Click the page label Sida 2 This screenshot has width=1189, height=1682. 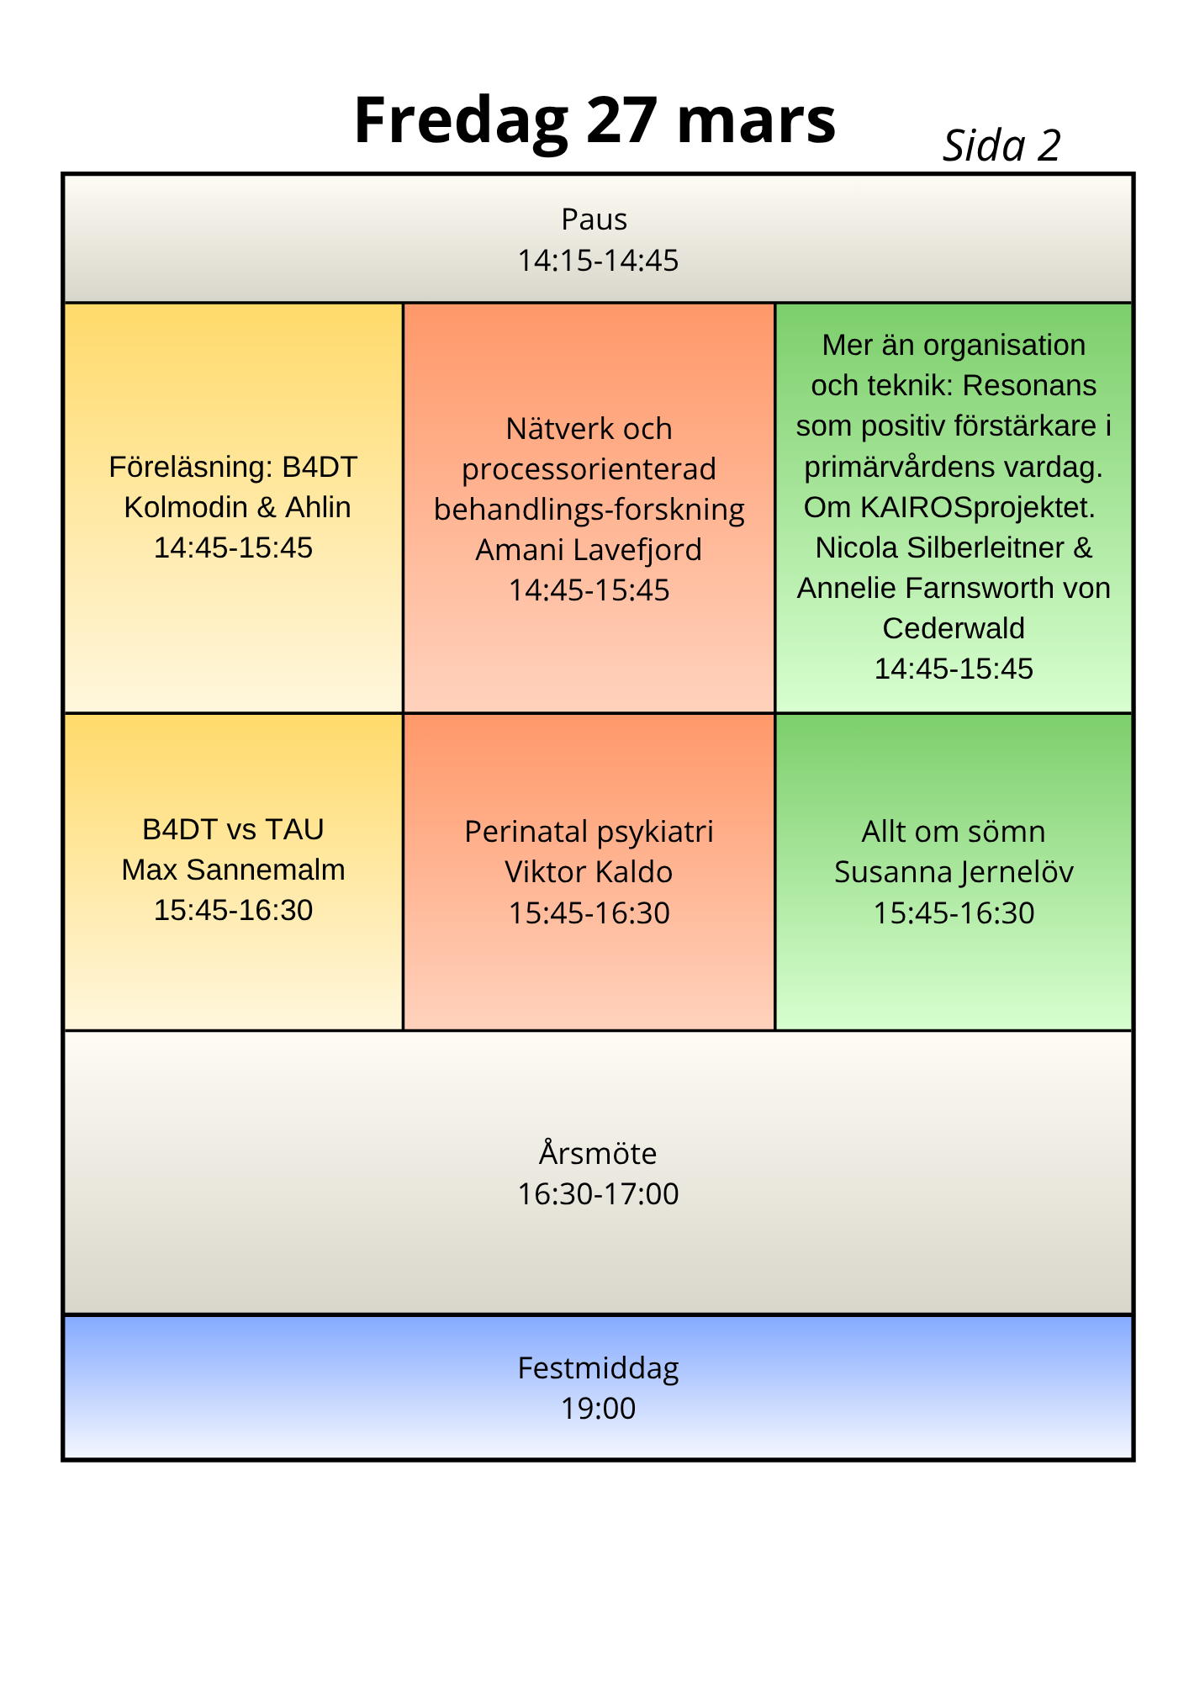[1001, 145]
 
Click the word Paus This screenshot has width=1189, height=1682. [594, 220]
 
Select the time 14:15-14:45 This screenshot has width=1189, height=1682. [598, 261]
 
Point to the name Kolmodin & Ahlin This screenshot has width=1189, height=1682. [237, 507]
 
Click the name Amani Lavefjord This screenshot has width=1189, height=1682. [589, 550]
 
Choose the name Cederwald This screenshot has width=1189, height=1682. [954, 628]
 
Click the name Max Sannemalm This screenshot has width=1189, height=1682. [234, 870]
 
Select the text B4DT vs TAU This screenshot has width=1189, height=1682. [234, 829]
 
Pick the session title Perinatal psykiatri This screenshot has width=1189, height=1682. [589, 832]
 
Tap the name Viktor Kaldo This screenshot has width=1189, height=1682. [589, 872]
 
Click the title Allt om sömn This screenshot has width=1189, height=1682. [954, 832]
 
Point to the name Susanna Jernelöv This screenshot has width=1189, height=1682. [954, 872]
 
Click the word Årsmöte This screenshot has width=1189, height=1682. [598, 1152]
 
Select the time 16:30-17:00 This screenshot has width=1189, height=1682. [598, 1194]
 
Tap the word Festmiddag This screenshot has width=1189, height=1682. [598, 1368]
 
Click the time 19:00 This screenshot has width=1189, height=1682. [598, 1409]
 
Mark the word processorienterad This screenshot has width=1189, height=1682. [589, 469]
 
